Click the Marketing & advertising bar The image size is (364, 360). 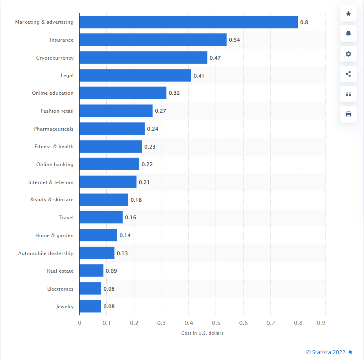[188, 22]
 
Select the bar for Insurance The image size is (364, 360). [153, 40]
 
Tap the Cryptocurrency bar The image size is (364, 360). [143, 58]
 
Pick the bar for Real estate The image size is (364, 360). [91, 271]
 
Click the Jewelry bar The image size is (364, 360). [90, 306]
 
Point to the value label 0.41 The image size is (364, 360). [199, 76]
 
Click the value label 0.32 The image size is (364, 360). [174, 93]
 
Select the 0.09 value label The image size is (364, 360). [111, 271]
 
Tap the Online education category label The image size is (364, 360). [53, 93]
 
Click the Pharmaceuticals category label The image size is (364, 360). [54, 129]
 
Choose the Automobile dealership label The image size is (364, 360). [46, 253]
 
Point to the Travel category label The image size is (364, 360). [66, 218]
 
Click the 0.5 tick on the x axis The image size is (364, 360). [216, 323]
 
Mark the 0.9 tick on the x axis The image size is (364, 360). [325, 323]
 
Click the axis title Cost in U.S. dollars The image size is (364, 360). [202, 333]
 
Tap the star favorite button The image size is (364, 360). [348, 14]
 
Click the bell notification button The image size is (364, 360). [348, 34]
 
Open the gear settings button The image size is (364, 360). [348, 54]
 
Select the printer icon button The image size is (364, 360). [348, 114]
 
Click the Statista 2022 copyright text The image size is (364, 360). [326, 352]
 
